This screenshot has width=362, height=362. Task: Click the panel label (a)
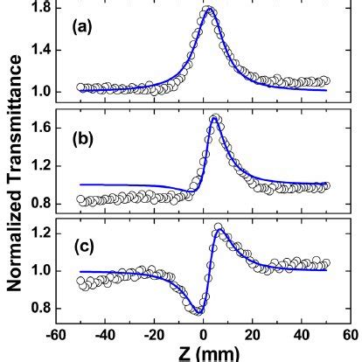pyautogui.click(x=81, y=27)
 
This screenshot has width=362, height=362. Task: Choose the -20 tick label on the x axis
pyautogui.click(x=153, y=333)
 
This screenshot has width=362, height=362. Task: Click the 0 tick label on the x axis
pyautogui.click(x=203, y=333)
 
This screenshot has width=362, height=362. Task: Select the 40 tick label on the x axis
pyautogui.click(x=302, y=333)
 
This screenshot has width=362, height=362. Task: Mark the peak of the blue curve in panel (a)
pyautogui.click(x=209, y=10)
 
